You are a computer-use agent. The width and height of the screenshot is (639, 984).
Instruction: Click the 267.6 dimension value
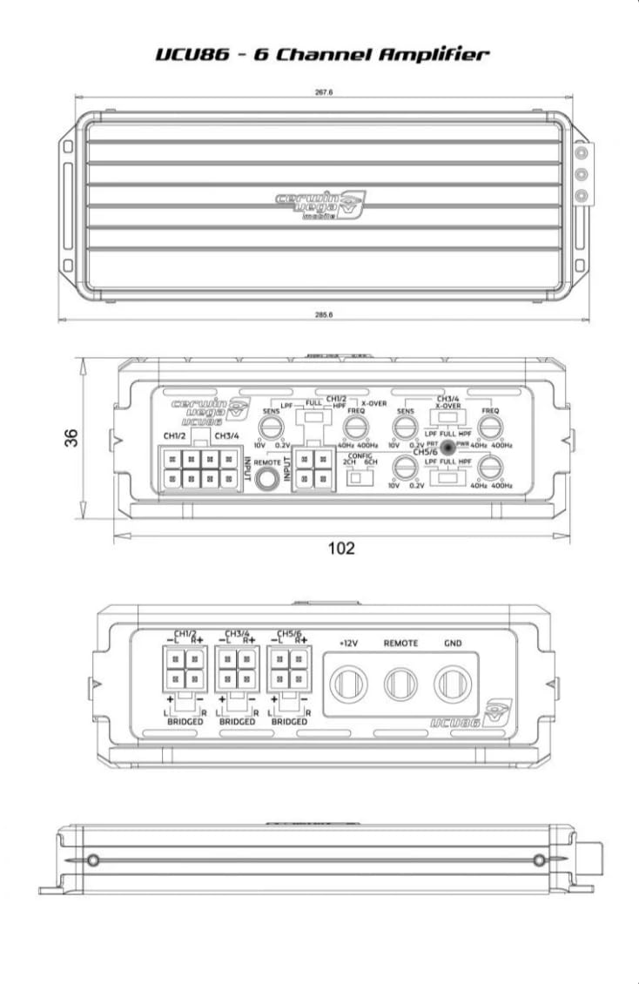tap(323, 93)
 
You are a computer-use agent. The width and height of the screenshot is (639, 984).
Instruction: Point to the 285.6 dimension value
tap(324, 313)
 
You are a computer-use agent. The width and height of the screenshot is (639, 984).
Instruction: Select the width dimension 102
tap(341, 548)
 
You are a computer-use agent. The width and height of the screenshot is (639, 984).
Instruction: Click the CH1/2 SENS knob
tap(272, 427)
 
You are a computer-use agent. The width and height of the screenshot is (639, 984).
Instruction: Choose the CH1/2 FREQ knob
tap(355, 427)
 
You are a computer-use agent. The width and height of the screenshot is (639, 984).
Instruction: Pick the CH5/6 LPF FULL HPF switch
tap(448, 478)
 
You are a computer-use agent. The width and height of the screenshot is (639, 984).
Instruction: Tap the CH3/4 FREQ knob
tap(490, 427)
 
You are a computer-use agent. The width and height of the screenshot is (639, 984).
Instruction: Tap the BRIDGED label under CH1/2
tap(185, 722)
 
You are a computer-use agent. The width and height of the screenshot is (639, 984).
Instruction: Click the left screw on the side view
tap(94, 860)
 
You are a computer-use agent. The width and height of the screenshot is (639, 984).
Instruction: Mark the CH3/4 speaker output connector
tap(237, 670)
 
